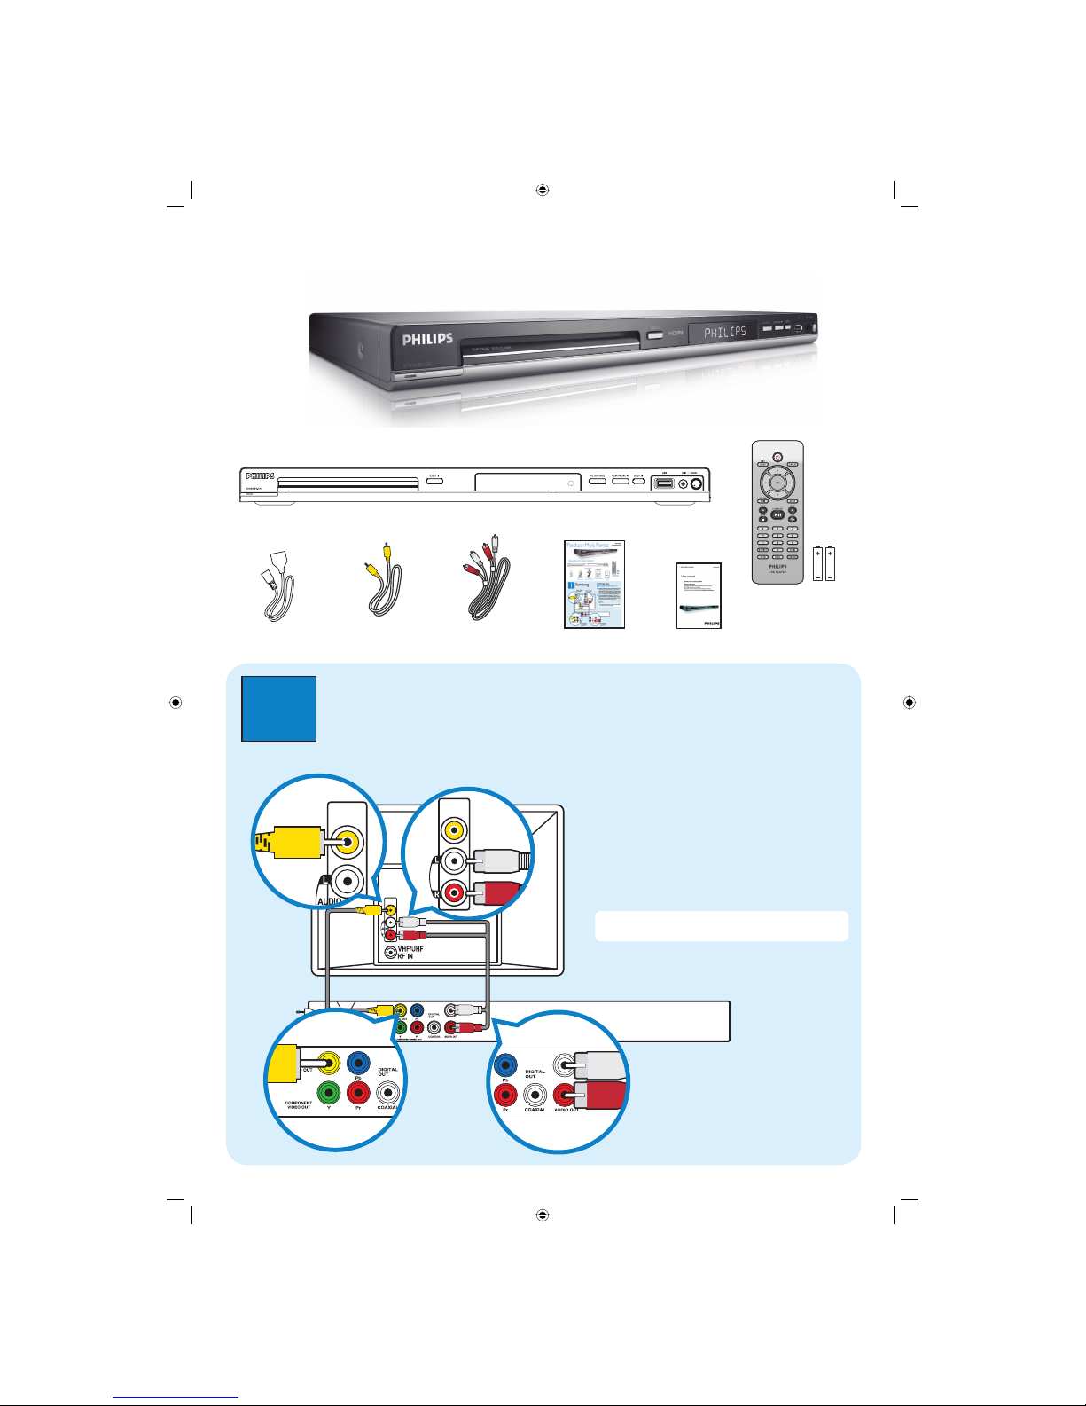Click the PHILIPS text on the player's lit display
coord(724,333)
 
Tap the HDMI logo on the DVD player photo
coord(676,333)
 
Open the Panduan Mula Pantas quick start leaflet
coord(594,585)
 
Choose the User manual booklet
coord(699,595)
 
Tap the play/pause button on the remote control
coord(777,514)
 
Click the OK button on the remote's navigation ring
coord(777,483)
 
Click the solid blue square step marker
coord(278,709)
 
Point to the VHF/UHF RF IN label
coord(410,953)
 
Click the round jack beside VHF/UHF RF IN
coord(390,954)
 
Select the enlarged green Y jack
coord(329,1091)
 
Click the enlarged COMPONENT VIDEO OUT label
coord(299,1105)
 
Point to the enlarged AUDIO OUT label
coord(566,1110)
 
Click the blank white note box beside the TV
coord(721,925)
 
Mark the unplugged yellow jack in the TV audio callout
coord(454,829)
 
